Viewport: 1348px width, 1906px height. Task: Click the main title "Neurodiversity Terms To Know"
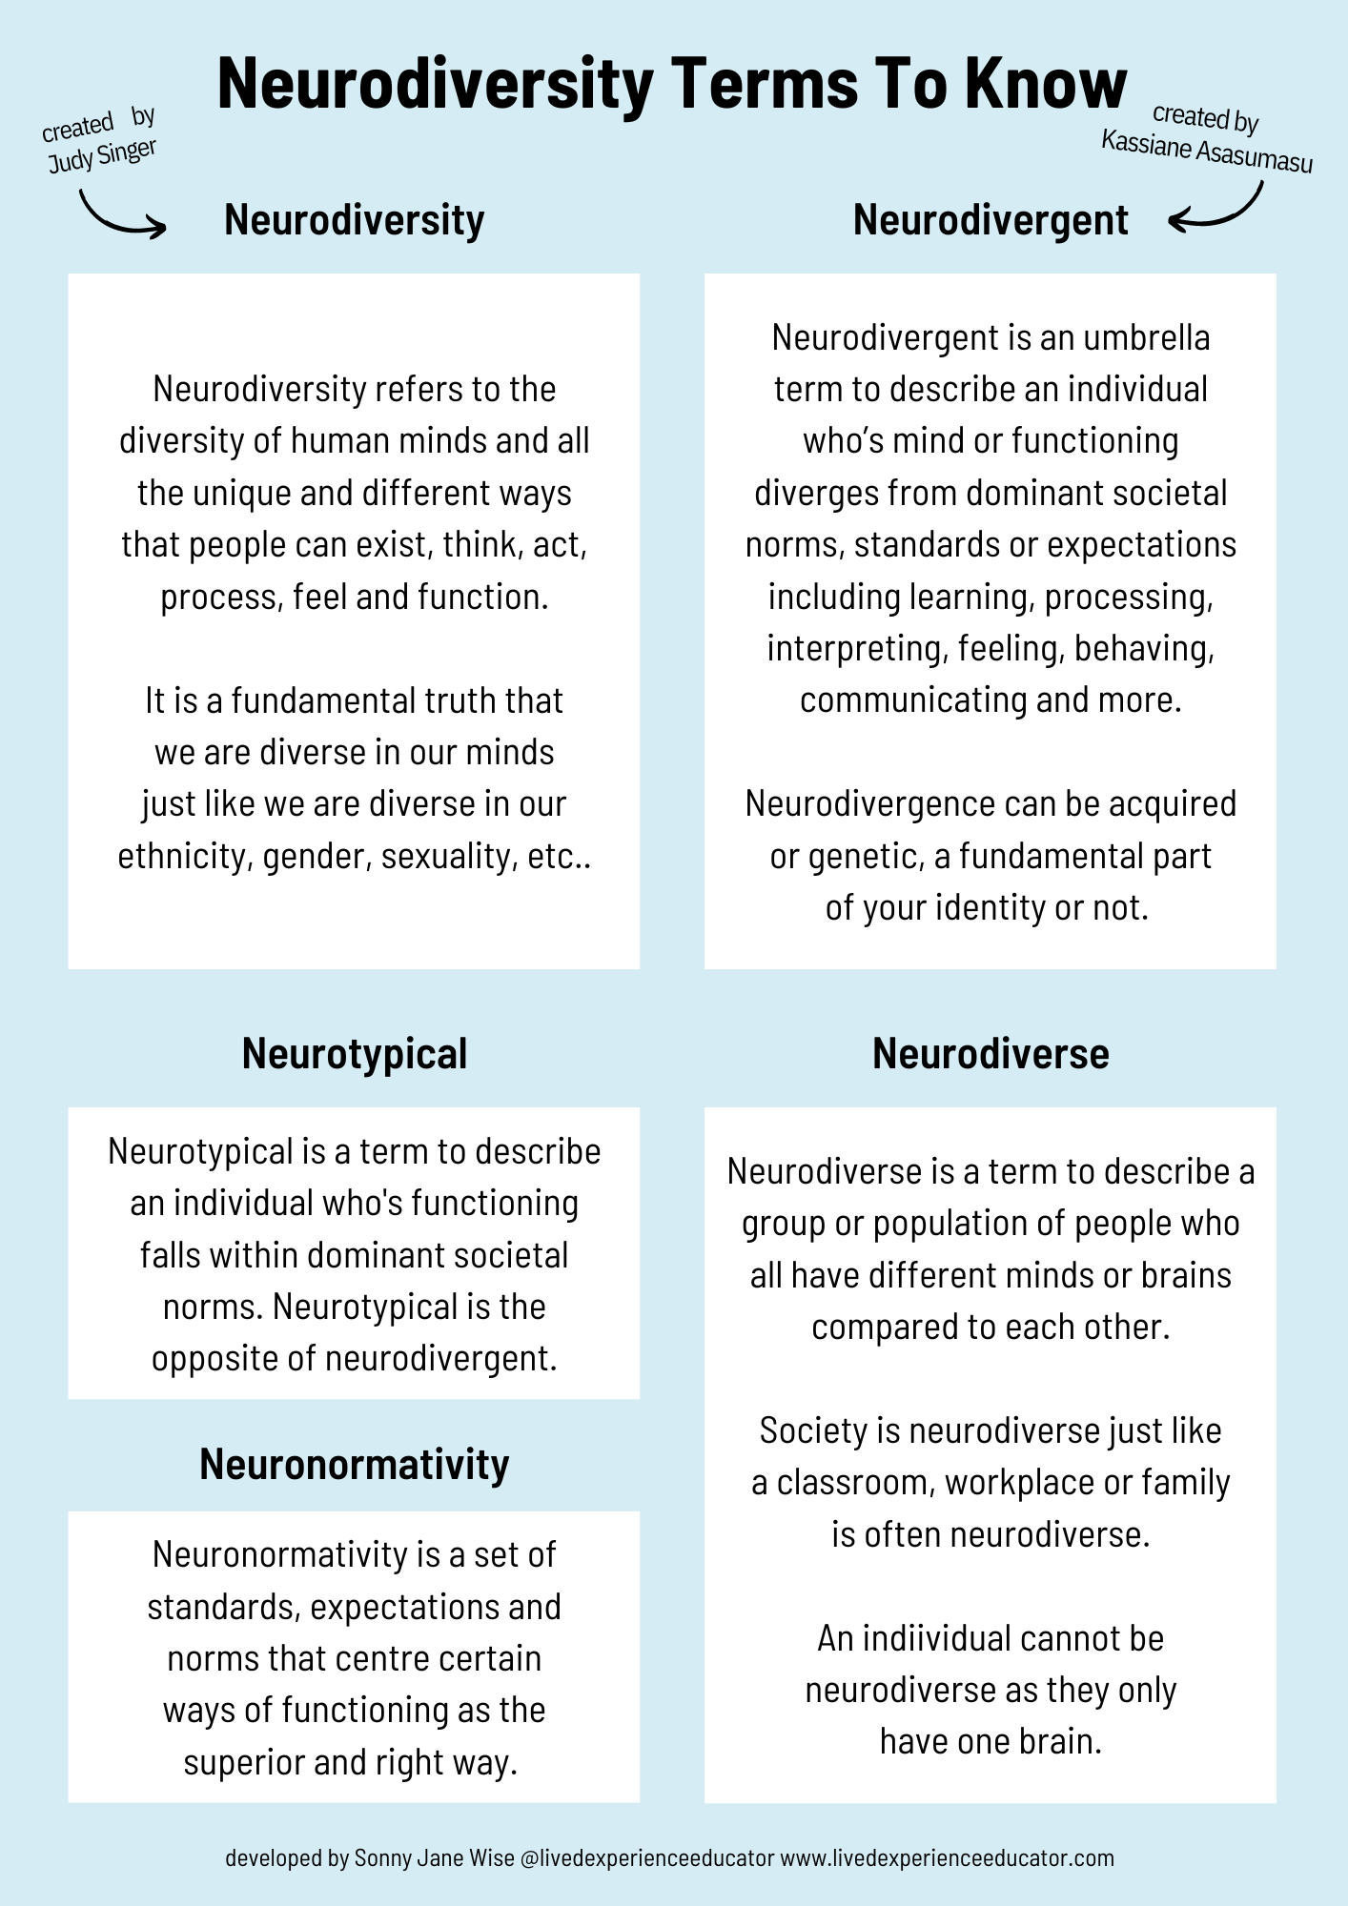pos(672,84)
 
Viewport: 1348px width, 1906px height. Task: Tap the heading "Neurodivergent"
pos(991,220)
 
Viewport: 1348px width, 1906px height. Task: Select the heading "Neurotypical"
pos(355,1054)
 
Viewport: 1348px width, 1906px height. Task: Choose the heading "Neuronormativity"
pos(355,1465)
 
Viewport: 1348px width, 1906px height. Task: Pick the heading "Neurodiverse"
pos(991,1054)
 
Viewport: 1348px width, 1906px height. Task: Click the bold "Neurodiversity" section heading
pos(355,220)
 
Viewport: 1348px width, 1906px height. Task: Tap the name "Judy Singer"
pos(102,156)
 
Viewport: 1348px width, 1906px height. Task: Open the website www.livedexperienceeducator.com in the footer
pos(947,1858)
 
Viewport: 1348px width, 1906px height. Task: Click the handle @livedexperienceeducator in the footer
pos(647,1858)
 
